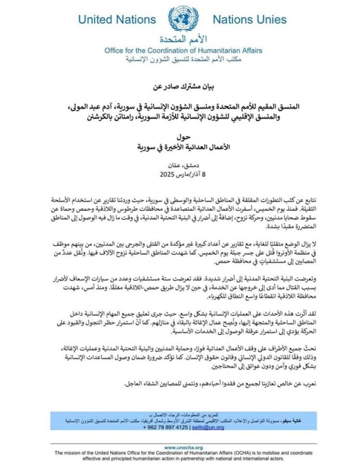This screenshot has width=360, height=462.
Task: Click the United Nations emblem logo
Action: pyautogui.click(x=180, y=21)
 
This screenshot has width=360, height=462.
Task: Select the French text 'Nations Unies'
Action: pyautogui.click(x=253, y=20)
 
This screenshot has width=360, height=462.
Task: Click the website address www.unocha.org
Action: pyautogui.click(x=179, y=447)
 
